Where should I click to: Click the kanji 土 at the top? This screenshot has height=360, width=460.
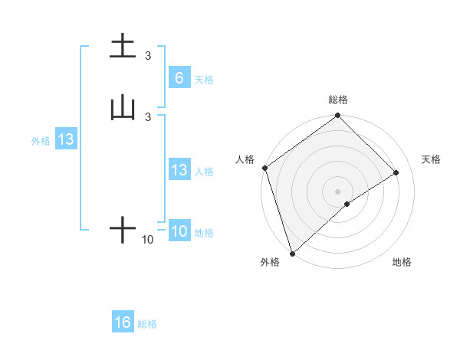123,46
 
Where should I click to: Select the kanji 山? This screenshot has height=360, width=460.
123,108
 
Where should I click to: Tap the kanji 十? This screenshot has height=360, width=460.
123,229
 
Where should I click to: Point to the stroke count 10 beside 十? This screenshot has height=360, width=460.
148,240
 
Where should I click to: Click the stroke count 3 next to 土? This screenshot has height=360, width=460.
148,55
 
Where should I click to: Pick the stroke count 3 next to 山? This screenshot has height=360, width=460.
148,116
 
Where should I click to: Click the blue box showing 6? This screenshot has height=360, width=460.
179,77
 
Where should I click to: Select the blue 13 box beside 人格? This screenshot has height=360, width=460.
179,170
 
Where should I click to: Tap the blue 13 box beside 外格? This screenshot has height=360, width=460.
65,139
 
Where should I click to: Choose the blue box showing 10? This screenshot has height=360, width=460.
179,231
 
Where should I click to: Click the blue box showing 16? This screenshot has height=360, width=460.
123,322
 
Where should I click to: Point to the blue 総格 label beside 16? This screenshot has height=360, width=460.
147,324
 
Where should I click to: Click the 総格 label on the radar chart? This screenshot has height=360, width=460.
337,100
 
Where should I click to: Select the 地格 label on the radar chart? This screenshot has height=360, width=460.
402,262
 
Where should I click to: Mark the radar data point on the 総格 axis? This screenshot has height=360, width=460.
337,116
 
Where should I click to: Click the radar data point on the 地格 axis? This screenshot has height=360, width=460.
347,204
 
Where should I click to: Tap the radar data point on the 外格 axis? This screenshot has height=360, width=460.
291,253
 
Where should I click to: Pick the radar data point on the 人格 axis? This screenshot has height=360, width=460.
264,168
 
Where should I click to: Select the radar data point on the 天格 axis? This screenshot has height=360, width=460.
396,172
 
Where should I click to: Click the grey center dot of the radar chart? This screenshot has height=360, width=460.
337,191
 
